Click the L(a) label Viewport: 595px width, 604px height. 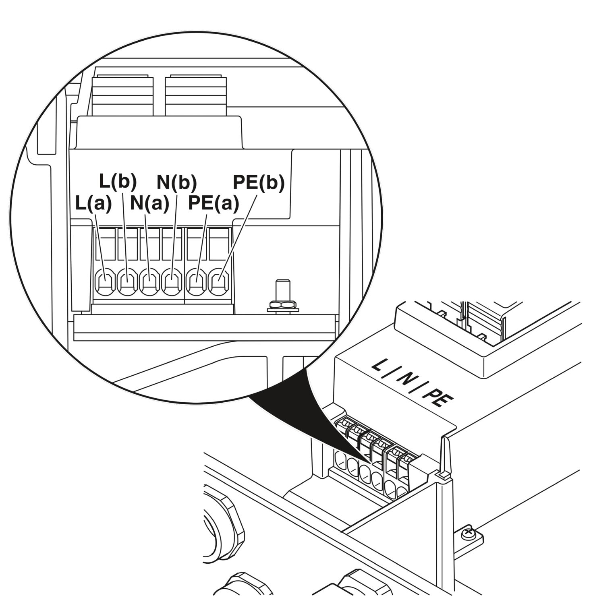[x=93, y=204]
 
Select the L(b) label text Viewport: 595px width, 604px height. [x=118, y=182]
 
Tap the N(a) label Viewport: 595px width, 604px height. [x=149, y=204]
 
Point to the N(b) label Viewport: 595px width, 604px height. [x=176, y=182]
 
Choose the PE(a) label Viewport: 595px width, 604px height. [x=214, y=204]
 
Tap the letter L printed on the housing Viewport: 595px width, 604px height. [x=378, y=366]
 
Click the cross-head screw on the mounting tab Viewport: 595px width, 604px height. [x=468, y=534]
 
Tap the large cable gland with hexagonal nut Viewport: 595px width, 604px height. [x=224, y=523]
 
